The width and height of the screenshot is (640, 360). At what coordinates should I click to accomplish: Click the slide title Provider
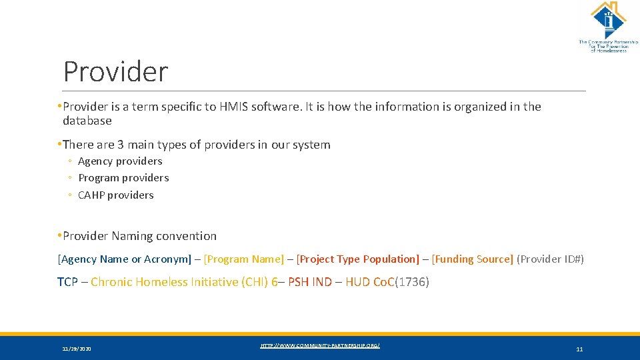click(115, 71)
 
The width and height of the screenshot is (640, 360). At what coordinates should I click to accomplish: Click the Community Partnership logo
click(607, 27)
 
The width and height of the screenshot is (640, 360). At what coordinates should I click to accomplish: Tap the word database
click(87, 121)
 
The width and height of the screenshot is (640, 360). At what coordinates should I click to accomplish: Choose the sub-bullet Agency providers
click(120, 161)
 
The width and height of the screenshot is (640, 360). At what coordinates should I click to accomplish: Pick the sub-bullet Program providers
click(123, 178)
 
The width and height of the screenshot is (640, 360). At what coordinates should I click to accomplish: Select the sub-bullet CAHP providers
click(115, 195)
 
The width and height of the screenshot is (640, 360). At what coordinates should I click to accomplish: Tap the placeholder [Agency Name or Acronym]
click(125, 259)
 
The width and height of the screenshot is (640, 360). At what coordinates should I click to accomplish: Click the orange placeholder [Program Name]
click(244, 259)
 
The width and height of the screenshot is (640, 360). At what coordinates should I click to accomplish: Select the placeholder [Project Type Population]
click(358, 259)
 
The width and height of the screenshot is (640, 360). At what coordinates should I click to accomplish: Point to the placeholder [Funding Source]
click(473, 259)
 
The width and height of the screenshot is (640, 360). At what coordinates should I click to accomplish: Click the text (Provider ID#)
click(550, 259)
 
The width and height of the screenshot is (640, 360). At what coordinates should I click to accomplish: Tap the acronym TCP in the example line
click(67, 282)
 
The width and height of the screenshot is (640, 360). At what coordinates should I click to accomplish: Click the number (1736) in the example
click(413, 282)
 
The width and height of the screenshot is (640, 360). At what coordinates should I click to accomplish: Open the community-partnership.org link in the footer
click(320, 345)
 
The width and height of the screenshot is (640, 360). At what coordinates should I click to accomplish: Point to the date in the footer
click(77, 349)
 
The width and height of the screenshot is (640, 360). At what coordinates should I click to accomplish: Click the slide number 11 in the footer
click(579, 349)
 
